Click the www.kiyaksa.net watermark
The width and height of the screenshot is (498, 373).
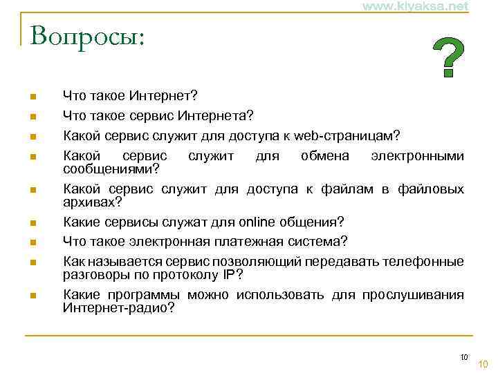click(x=414, y=6)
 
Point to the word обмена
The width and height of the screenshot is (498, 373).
click(x=325, y=155)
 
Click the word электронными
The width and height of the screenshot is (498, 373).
click(x=417, y=155)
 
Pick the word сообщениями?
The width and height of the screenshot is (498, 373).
click(x=111, y=169)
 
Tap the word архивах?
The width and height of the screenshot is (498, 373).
click(x=92, y=202)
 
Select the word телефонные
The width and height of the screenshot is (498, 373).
click(x=421, y=262)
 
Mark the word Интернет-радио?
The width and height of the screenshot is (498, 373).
click(x=119, y=307)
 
